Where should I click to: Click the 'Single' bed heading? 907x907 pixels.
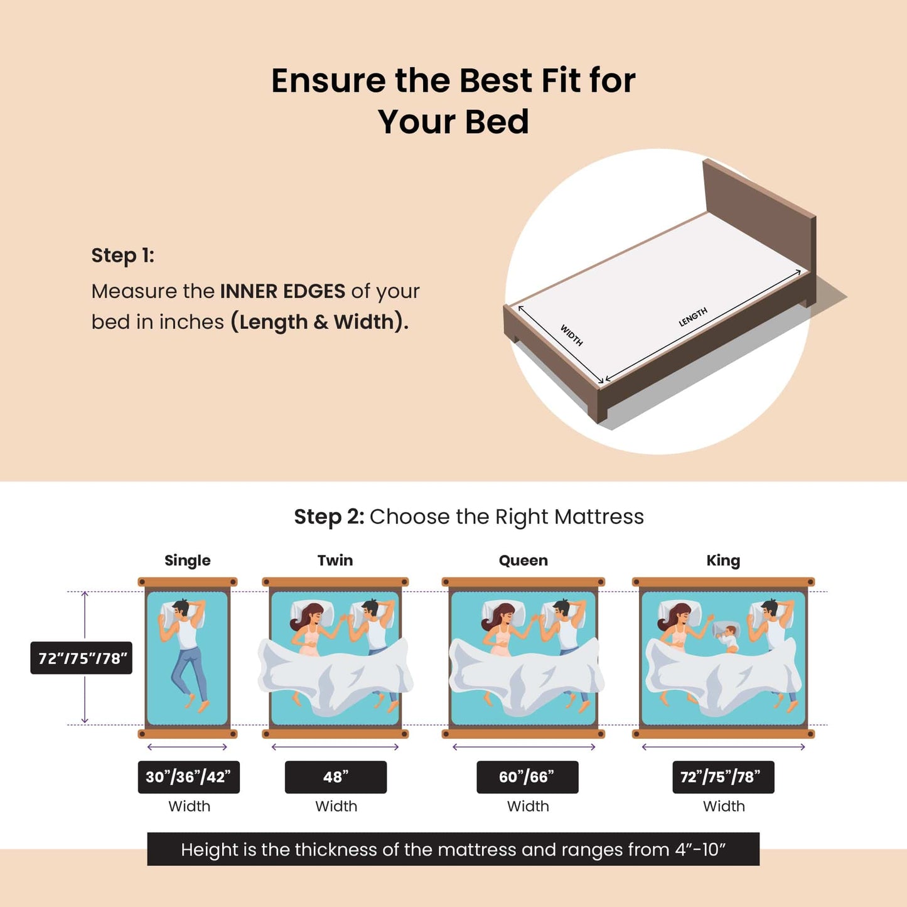pyautogui.click(x=187, y=561)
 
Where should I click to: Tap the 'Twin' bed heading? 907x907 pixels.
pyautogui.click(x=335, y=561)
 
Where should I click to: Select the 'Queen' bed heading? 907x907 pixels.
pyautogui.click(x=523, y=561)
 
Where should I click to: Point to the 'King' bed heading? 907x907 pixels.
pyautogui.click(x=723, y=561)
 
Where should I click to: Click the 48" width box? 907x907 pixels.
pyautogui.click(x=336, y=777)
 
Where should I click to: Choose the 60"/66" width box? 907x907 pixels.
pyautogui.click(x=527, y=777)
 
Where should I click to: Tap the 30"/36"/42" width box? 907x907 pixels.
pyautogui.click(x=188, y=777)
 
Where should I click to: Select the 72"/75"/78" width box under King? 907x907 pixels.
pyautogui.click(x=723, y=777)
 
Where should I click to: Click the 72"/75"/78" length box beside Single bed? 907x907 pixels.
pyautogui.click(x=82, y=658)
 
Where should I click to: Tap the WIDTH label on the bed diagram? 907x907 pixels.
pyautogui.click(x=572, y=335)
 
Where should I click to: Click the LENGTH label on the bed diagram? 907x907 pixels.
pyautogui.click(x=693, y=317)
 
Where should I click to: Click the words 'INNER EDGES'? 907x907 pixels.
pyautogui.click(x=282, y=291)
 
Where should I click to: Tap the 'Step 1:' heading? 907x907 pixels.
pyautogui.click(x=122, y=255)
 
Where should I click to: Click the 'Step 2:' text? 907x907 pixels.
pyautogui.click(x=329, y=517)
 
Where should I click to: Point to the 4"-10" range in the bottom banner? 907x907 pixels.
pyautogui.click(x=700, y=849)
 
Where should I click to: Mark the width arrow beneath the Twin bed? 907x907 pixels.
pyautogui.click(x=335, y=747)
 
